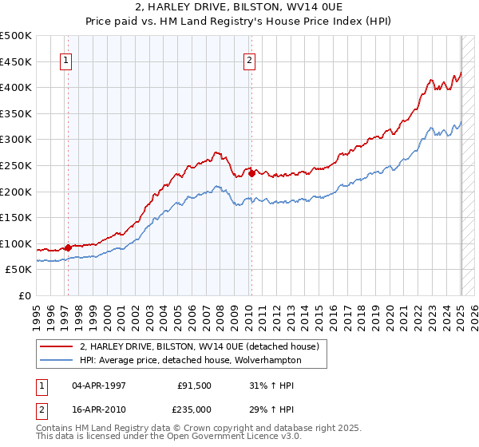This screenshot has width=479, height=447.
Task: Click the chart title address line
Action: tap(239, 7)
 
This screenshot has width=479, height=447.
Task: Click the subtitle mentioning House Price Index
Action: tap(239, 22)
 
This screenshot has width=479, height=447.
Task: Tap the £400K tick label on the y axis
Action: tap(18, 87)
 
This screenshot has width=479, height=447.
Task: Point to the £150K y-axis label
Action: tap(18, 217)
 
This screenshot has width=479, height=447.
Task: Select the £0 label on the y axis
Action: tap(26, 295)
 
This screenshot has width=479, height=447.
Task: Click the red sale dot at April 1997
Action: tap(68, 247)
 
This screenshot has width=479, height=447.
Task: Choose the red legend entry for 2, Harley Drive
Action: tap(200, 346)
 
